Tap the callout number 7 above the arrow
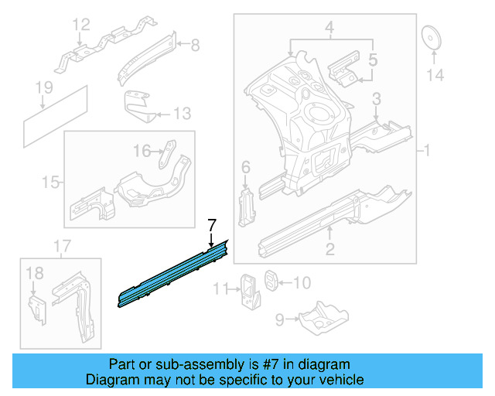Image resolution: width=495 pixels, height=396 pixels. [x=210, y=225]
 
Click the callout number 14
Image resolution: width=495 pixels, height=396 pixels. [x=435, y=75]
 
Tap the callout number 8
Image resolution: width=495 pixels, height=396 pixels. [x=195, y=46]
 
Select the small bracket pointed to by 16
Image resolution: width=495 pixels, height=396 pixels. [x=168, y=154]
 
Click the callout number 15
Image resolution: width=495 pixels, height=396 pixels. [x=50, y=183]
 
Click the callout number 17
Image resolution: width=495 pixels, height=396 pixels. [x=62, y=247]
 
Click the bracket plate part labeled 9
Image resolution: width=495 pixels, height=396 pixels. [x=316, y=316]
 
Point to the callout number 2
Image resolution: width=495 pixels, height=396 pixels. [x=330, y=248]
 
